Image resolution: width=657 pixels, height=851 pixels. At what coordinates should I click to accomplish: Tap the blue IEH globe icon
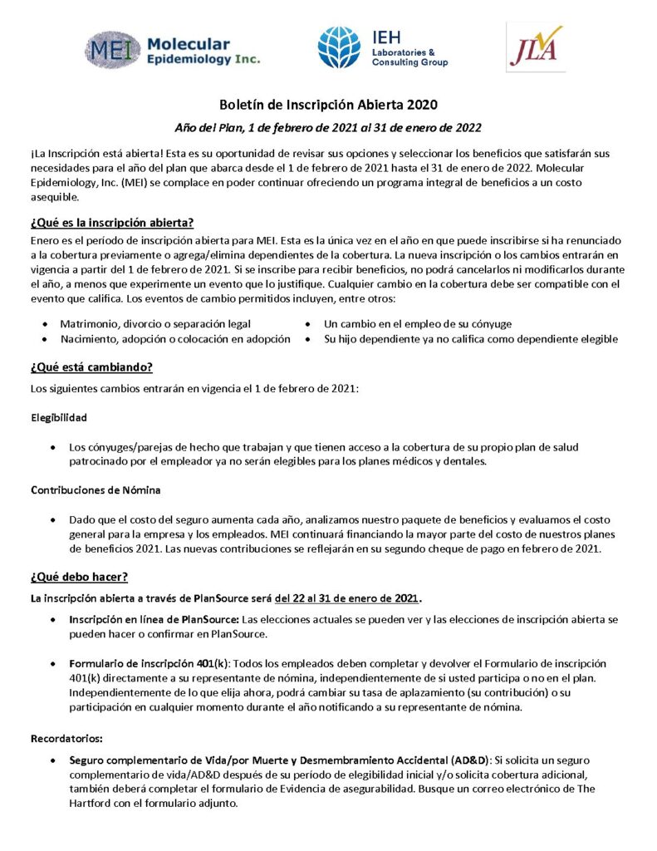[339, 47]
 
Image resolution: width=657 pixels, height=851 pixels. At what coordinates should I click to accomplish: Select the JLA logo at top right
[535, 47]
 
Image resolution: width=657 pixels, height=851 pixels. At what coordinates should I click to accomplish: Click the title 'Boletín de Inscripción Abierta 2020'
[328, 106]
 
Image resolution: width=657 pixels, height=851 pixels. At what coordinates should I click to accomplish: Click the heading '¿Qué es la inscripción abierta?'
[112, 222]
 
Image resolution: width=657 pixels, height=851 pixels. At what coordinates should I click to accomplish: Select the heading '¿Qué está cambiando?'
[91, 366]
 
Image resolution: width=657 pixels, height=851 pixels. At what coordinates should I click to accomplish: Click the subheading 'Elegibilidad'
[59, 417]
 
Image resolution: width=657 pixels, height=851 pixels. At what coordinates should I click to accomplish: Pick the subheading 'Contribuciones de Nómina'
[96, 489]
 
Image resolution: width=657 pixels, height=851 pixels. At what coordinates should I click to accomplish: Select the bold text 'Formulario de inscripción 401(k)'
[150, 663]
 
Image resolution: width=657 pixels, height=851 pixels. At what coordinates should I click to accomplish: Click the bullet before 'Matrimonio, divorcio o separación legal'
[45, 324]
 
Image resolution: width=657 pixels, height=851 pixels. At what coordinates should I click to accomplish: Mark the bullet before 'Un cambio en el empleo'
[308, 324]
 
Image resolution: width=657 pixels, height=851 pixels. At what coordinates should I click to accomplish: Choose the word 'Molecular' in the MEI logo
[189, 44]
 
